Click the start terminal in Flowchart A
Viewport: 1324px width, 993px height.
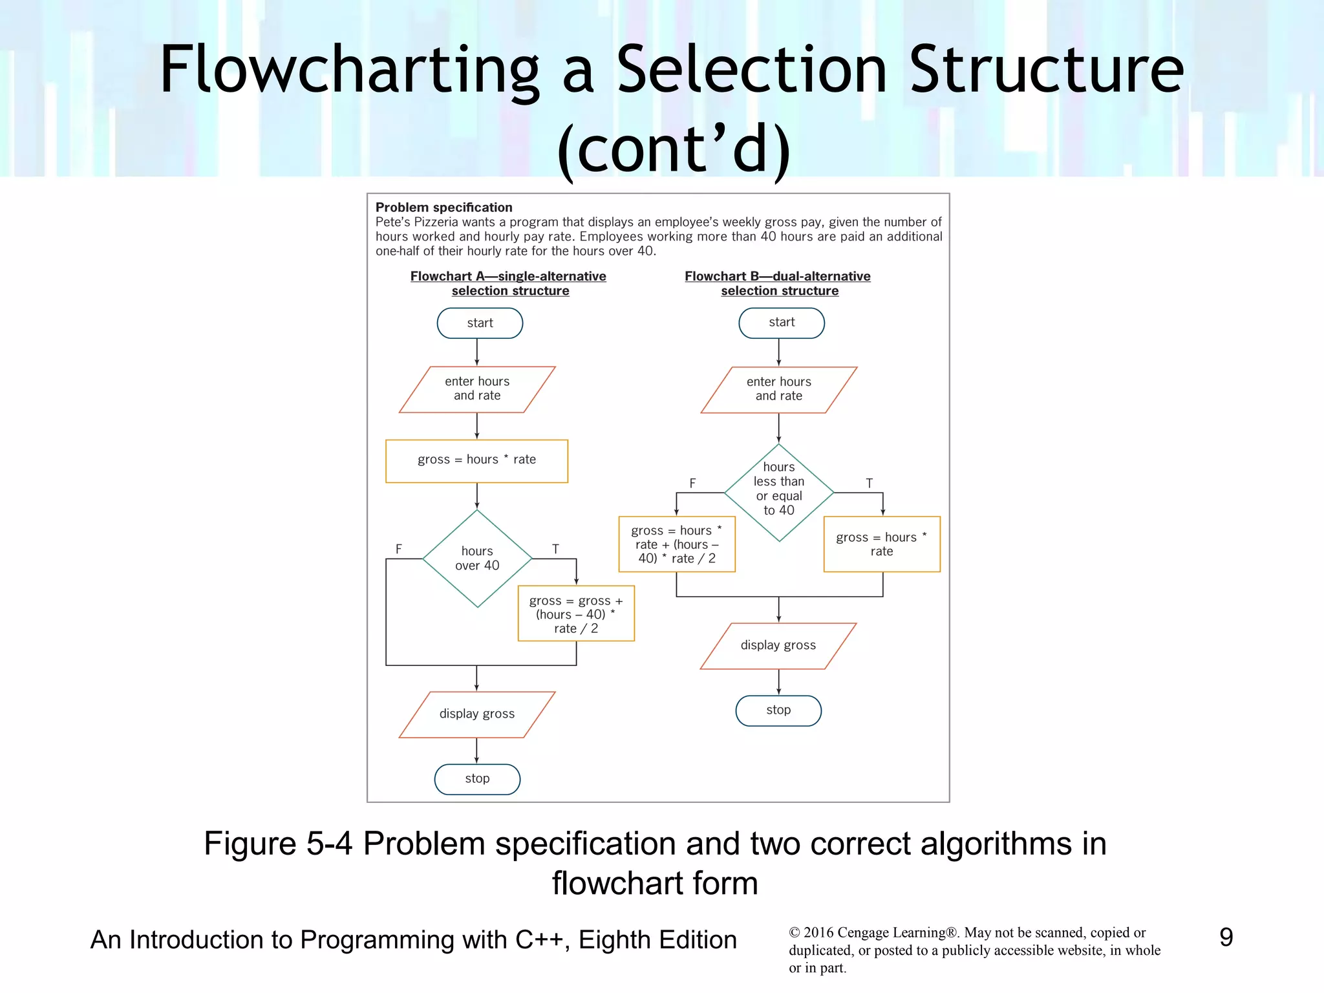point(480,323)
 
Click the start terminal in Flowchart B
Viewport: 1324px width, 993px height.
point(781,323)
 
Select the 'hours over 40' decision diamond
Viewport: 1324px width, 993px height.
point(477,559)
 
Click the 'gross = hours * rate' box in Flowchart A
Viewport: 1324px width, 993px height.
point(476,460)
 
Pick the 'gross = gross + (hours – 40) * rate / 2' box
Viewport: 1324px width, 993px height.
point(575,614)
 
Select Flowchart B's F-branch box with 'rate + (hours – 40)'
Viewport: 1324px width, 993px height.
point(676,544)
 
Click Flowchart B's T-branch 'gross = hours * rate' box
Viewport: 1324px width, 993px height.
point(881,544)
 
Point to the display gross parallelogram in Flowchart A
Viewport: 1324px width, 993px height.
point(476,714)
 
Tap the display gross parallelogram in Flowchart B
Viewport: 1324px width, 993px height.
point(778,645)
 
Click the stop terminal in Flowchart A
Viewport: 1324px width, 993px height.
point(477,779)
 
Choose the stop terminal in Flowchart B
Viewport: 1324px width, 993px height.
point(778,710)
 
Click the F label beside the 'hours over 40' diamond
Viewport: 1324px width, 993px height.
point(399,549)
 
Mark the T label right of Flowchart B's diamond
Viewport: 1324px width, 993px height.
point(869,483)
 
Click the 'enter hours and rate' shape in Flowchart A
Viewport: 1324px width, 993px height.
point(476,389)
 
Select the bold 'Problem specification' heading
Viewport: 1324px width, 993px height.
point(443,208)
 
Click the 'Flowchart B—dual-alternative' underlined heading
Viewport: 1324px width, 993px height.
point(777,276)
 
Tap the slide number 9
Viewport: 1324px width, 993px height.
point(1226,937)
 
